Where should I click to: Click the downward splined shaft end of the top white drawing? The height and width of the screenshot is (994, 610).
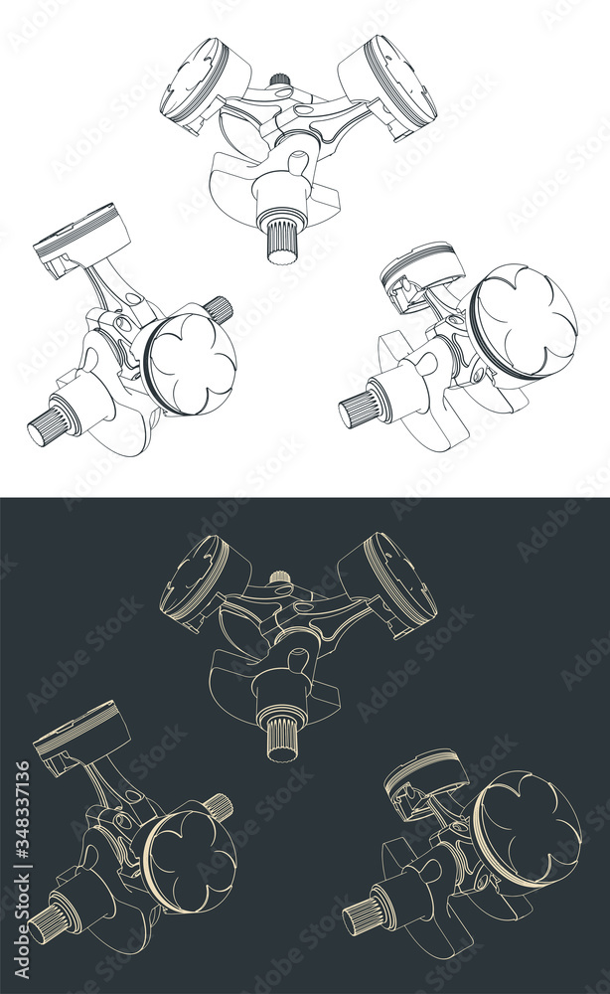tap(282, 240)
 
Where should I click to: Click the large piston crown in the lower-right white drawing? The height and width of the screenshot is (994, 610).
tap(526, 321)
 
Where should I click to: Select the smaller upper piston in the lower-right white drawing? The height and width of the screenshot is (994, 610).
tap(422, 275)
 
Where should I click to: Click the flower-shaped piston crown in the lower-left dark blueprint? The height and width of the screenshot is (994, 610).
tap(190, 863)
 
